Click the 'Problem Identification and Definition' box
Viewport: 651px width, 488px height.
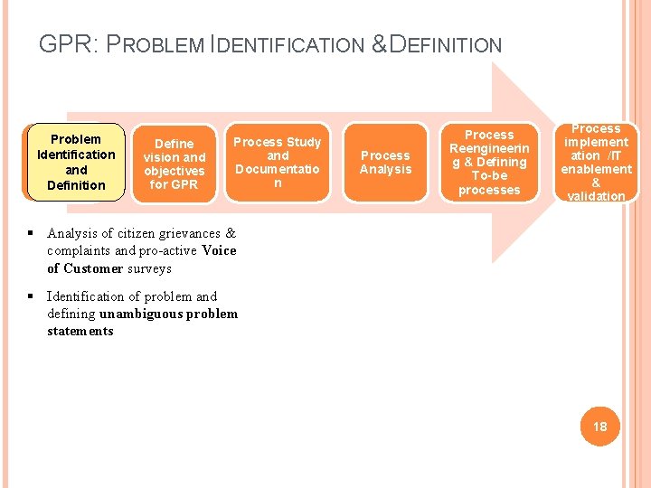pyautogui.click(x=76, y=162)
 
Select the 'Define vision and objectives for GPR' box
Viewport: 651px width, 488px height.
pyautogui.click(x=175, y=164)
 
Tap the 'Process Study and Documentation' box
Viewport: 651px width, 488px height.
pyautogui.click(x=278, y=162)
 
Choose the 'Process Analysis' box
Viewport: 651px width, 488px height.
pyautogui.click(x=385, y=162)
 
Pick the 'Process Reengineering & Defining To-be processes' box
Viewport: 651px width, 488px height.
pyautogui.click(x=489, y=162)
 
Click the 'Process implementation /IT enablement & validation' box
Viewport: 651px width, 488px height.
pyautogui.click(x=596, y=162)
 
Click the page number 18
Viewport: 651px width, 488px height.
pyautogui.click(x=599, y=426)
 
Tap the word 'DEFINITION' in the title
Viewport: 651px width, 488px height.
pyautogui.click(x=444, y=44)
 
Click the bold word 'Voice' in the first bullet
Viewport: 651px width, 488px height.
pyautogui.click(x=220, y=250)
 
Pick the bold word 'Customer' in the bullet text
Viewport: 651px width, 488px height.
pyautogui.click(x=93, y=268)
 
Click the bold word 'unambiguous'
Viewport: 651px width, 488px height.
pyautogui.click(x=143, y=314)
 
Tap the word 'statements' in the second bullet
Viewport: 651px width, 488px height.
pyautogui.click(x=80, y=331)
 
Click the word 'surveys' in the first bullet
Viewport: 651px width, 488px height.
pyautogui.click(x=149, y=268)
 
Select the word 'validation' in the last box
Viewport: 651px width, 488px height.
pyautogui.click(x=596, y=196)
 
